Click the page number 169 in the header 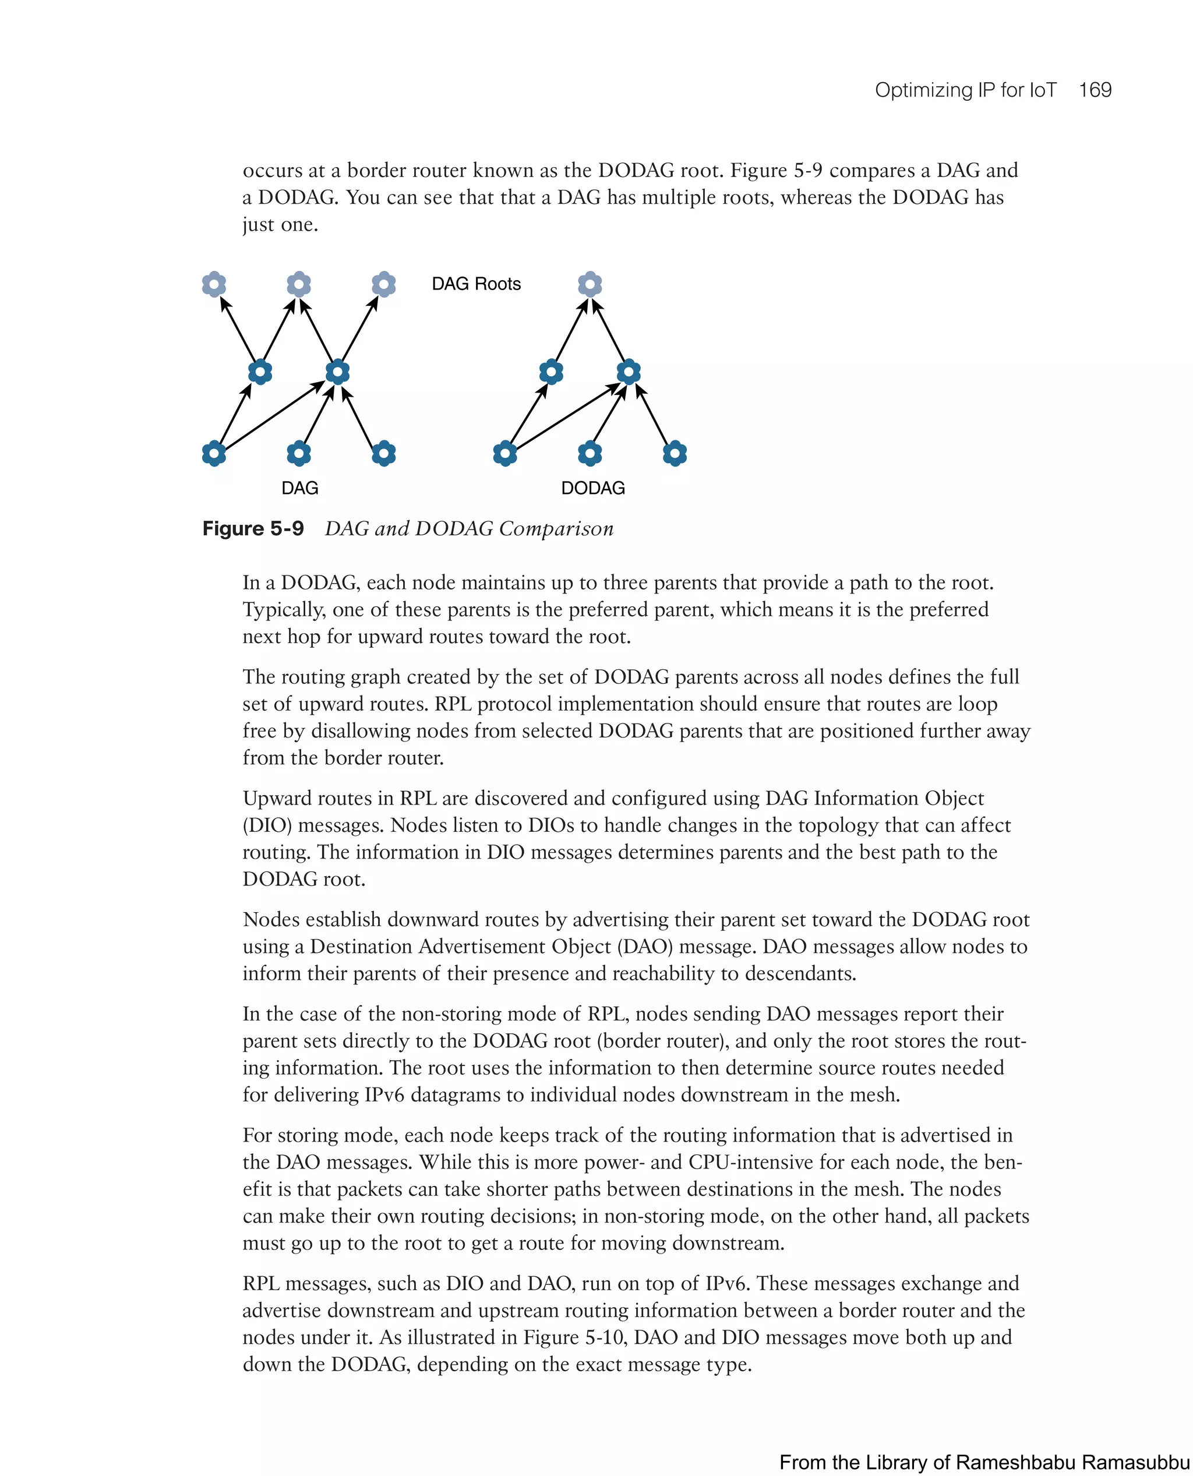(x=1094, y=90)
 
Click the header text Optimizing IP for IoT (x=965, y=90)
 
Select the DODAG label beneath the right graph (x=592, y=488)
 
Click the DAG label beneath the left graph (x=299, y=488)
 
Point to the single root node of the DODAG (x=590, y=284)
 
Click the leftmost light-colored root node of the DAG (x=214, y=284)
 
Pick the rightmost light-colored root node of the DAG (x=383, y=284)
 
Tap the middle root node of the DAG (x=298, y=284)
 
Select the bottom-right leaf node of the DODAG (x=674, y=454)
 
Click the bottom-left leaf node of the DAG (x=214, y=454)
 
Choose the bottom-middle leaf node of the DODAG (x=590, y=454)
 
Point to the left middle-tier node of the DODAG (x=551, y=372)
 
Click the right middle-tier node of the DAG (x=337, y=372)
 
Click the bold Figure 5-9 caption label (x=253, y=528)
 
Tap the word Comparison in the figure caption (x=555, y=528)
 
